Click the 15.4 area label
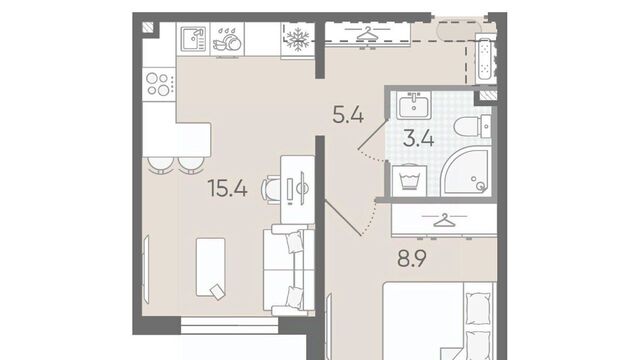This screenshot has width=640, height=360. click(x=227, y=188)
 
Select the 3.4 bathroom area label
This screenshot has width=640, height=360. click(x=418, y=138)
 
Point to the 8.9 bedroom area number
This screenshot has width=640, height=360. click(x=412, y=258)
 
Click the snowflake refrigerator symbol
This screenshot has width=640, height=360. click(x=298, y=39)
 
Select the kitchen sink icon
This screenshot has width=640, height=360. click(x=193, y=39)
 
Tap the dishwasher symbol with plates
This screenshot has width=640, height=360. click(x=227, y=39)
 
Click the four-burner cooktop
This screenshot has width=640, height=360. click(x=159, y=84)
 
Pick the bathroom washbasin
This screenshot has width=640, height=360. click(x=414, y=105)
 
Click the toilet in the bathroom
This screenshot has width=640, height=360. click(x=472, y=126)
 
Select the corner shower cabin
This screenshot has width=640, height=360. click(x=466, y=171)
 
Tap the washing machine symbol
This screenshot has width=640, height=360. click(x=410, y=180)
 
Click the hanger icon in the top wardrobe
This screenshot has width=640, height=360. click(x=368, y=34)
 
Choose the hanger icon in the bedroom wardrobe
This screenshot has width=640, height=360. click(x=444, y=220)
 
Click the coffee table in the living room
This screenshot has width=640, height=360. click(x=211, y=267)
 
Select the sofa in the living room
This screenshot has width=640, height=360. click(x=289, y=270)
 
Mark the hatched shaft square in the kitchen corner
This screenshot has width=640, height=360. click(x=149, y=28)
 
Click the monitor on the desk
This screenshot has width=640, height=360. click(x=302, y=188)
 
